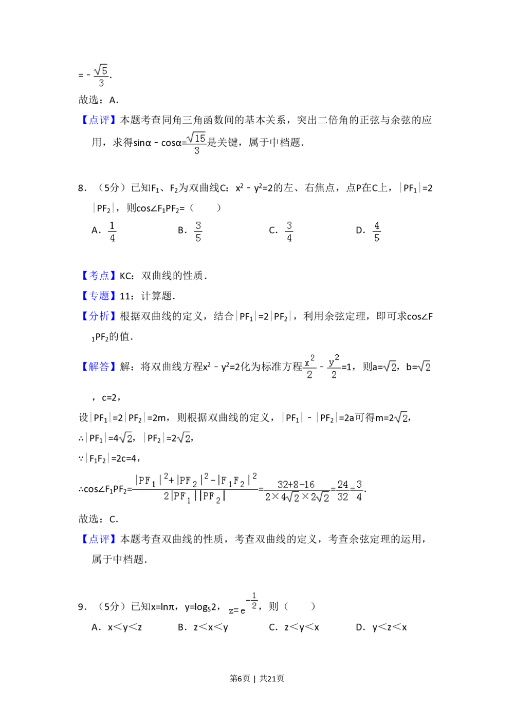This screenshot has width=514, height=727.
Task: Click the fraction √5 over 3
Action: (101, 76)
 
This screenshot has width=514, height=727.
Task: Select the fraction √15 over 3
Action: (197, 144)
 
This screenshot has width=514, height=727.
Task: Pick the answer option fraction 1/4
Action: (113, 232)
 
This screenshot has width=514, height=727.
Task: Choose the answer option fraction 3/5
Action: (199, 232)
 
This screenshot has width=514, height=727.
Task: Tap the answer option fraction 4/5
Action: (376, 232)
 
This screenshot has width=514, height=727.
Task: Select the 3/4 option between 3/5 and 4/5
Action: (289, 232)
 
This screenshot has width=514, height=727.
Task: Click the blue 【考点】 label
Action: (98, 276)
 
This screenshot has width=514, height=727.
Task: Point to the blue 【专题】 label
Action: (98, 296)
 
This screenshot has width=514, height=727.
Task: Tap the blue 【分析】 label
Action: (98, 316)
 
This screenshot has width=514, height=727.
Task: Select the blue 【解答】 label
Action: (98, 367)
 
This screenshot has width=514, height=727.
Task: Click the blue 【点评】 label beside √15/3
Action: (98, 121)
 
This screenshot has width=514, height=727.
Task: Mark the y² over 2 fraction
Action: (335, 366)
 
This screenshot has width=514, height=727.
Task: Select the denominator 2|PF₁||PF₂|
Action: (195, 497)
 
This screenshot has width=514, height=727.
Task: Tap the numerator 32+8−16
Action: (296, 484)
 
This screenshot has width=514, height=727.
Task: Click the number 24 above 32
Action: (342, 484)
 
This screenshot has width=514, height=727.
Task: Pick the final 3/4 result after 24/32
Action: (359, 491)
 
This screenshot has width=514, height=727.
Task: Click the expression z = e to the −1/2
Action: (243, 602)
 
